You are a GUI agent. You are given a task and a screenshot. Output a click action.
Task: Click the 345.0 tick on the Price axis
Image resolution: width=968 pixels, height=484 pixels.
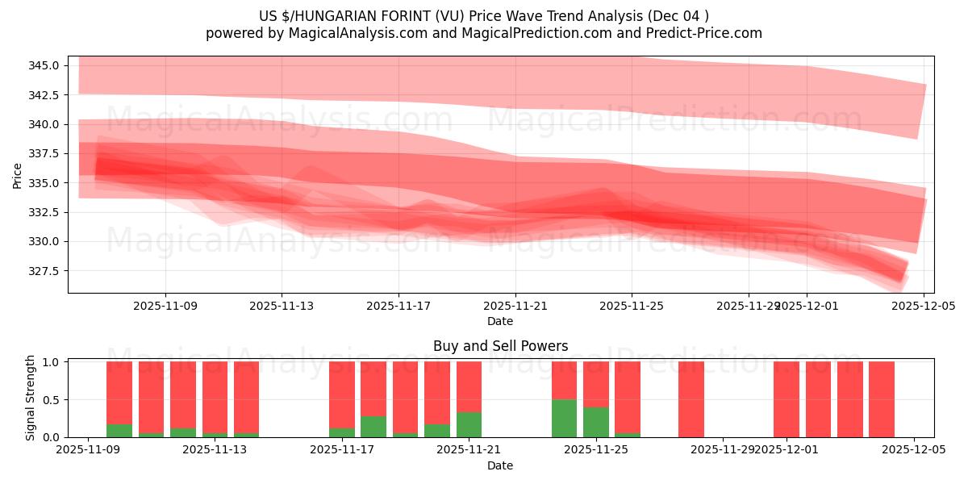(x=44, y=65)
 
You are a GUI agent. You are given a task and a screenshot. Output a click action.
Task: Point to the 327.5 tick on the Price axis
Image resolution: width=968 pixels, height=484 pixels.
(x=44, y=270)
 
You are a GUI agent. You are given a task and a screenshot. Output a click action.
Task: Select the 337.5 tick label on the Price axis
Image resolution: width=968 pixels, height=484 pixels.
(x=44, y=153)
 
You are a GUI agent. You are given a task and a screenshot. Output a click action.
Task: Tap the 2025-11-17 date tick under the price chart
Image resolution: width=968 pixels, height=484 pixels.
(x=398, y=307)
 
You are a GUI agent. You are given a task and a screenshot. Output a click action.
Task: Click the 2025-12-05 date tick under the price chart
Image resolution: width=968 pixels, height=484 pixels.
(x=924, y=307)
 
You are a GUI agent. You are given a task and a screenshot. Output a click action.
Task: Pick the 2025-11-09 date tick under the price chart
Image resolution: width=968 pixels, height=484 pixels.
(x=165, y=307)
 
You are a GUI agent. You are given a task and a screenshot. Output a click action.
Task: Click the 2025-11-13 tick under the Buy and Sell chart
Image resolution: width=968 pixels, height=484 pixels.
(x=215, y=450)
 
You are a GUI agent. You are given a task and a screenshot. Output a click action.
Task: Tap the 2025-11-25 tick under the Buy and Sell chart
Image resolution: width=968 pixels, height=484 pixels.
(x=595, y=450)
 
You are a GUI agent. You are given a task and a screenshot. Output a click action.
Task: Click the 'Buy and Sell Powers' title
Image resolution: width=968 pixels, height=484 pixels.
(x=500, y=346)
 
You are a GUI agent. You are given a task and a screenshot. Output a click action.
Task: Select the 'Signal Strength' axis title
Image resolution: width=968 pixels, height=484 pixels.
(x=31, y=398)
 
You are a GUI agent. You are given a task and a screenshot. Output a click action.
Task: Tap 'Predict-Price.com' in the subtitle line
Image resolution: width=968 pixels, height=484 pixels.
(x=704, y=33)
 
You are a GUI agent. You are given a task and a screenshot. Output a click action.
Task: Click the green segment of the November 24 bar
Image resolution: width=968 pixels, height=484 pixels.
(x=564, y=418)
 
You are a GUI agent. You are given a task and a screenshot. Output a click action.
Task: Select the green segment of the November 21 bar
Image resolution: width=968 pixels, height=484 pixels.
(x=469, y=424)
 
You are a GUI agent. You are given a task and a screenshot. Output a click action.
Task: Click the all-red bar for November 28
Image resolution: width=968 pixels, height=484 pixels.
(x=691, y=399)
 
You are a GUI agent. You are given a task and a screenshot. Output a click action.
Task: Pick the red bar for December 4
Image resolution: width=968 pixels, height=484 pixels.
(x=881, y=399)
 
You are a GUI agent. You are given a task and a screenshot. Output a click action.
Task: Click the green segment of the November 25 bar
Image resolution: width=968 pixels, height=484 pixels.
(x=595, y=422)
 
